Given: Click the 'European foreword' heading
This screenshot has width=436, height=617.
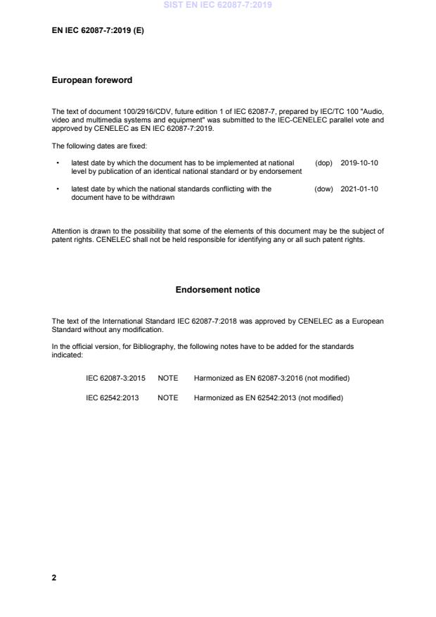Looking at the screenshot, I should point(91,80).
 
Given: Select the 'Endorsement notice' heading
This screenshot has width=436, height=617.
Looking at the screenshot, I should point(217,290).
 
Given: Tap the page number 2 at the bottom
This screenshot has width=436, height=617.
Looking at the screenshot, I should point(54,578).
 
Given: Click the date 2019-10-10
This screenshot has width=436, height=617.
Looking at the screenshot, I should point(359,163).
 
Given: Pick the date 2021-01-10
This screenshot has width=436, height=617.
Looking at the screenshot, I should point(359,189).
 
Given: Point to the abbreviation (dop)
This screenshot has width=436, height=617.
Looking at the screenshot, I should point(323,163).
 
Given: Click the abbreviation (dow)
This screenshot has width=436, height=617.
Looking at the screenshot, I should point(323,189).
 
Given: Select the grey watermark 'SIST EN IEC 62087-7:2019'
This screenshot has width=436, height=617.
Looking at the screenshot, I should point(217,5).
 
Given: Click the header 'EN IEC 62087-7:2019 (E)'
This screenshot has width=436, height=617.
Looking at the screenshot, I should point(98,31).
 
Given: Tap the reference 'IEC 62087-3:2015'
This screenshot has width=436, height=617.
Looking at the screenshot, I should point(115,378).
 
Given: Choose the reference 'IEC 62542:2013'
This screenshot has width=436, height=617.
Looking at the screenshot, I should point(113,397).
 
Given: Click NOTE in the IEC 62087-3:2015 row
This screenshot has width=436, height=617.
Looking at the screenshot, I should point(168,378).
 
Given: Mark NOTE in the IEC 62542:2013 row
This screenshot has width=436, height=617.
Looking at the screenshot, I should point(168,397).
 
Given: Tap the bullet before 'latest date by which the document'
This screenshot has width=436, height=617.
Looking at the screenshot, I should point(57,163).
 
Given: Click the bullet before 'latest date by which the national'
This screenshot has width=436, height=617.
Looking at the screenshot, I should point(57,189).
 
